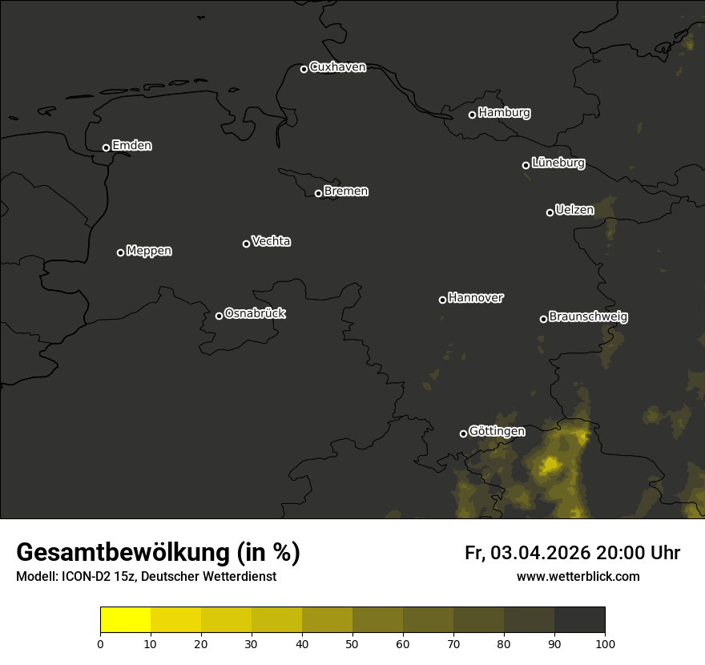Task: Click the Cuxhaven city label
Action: (337, 67)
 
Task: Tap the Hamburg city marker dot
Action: (472, 115)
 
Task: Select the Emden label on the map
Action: (131, 146)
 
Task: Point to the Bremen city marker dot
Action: (318, 193)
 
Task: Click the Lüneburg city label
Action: (558, 163)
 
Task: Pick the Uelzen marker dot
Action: (550, 212)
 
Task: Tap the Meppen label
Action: (149, 251)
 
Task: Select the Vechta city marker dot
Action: (246, 244)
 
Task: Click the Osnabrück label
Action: (255, 313)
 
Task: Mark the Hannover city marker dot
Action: (442, 300)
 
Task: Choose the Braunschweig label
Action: (588, 317)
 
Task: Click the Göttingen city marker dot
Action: (463, 433)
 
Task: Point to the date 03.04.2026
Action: (540, 553)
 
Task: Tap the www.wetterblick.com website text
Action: (578, 577)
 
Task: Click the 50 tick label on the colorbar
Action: (352, 643)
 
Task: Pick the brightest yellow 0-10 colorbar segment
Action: (126, 620)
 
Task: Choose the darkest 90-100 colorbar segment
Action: (579, 620)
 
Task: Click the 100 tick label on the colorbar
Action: (605, 643)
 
